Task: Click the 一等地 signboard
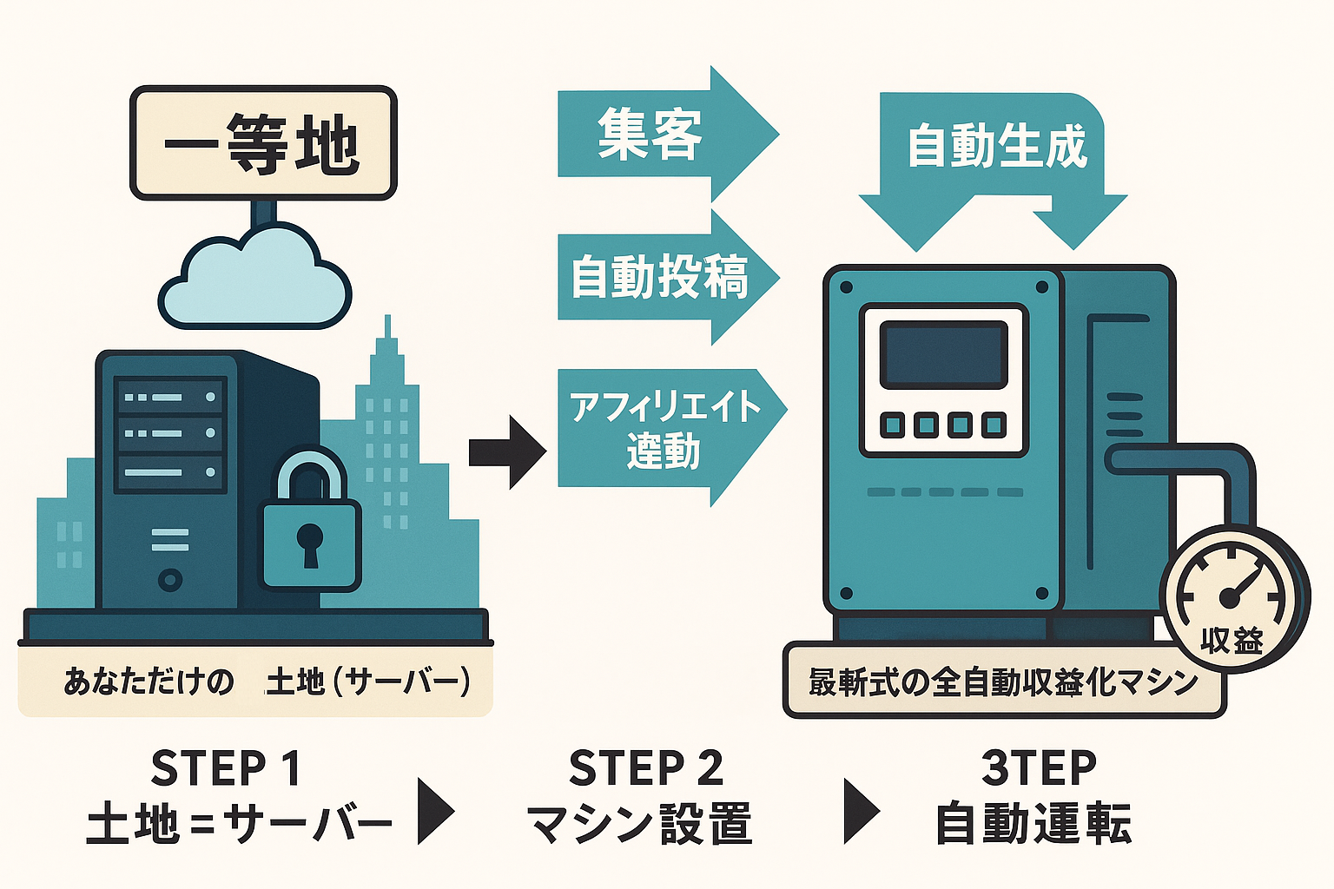(x=262, y=143)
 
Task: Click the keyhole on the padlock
(x=309, y=543)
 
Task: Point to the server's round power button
(x=170, y=579)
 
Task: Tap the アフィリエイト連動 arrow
(x=664, y=430)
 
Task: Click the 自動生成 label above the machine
(x=996, y=145)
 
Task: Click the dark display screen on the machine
(x=943, y=353)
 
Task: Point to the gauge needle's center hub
(x=1228, y=597)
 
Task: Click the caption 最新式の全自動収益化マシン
(x=1003, y=682)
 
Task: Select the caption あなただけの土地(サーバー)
(x=266, y=682)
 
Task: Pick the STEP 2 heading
(x=645, y=768)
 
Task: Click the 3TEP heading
(x=1038, y=767)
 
